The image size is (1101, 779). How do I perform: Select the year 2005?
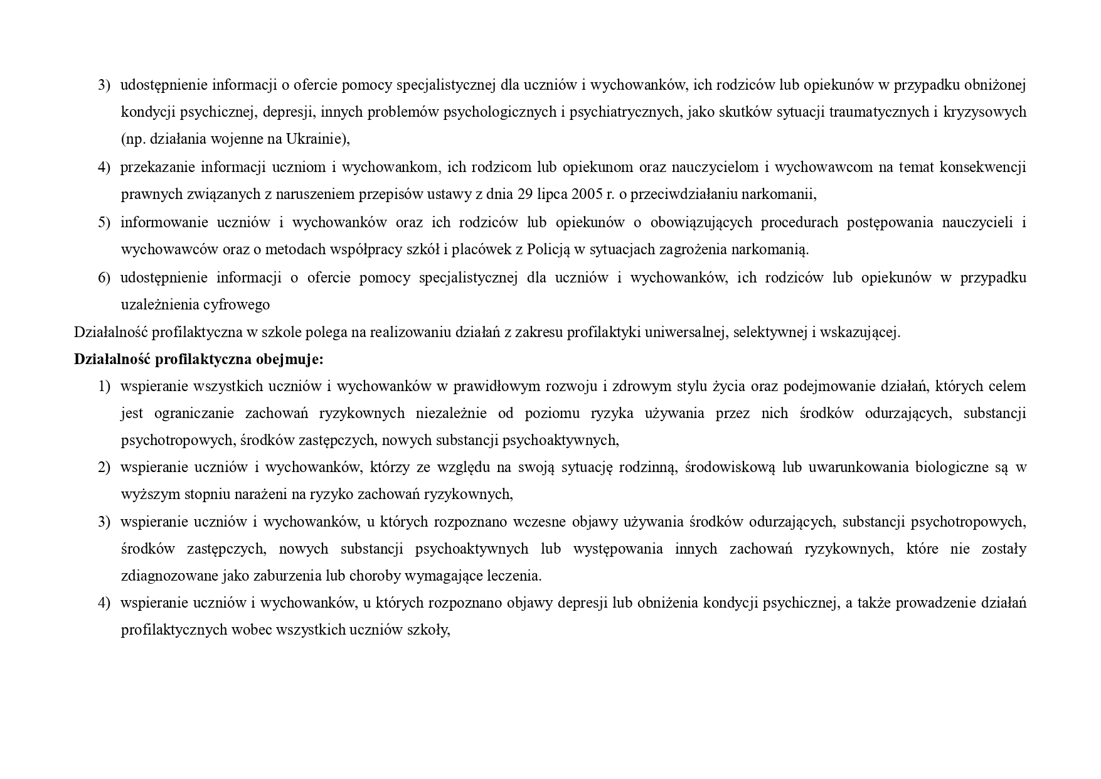coord(586,194)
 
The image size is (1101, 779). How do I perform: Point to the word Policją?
coord(548,249)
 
